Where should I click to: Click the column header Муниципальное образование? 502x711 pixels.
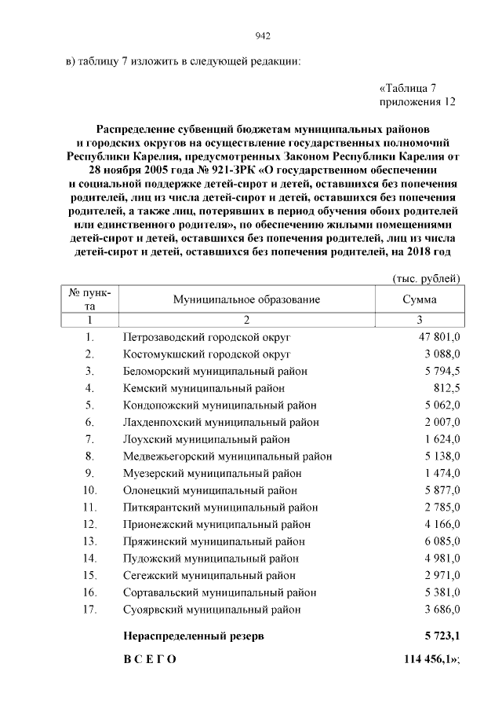pos(247,299)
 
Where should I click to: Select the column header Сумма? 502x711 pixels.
pos(420,299)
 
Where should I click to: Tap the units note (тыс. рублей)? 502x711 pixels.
pos(425,278)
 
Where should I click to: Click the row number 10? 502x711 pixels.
pos(89,490)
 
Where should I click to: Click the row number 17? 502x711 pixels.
pos(89,610)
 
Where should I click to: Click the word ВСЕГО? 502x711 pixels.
pos(150,659)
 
